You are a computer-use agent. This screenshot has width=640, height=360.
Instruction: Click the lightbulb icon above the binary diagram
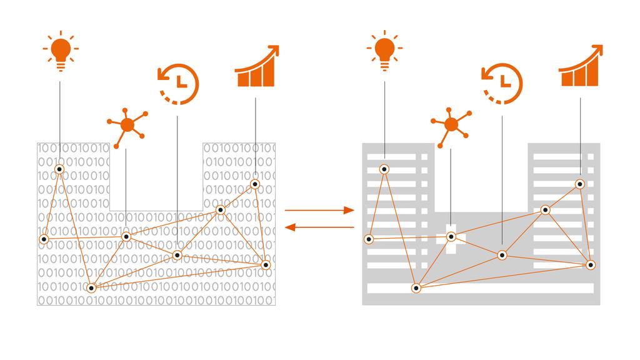pyautogui.click(x=60, y=52)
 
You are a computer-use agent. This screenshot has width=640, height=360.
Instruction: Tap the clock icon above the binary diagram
pyautogui.click(x=178, y=82)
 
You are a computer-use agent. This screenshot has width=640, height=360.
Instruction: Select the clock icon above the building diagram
pyautogui.click(x=502, y=82)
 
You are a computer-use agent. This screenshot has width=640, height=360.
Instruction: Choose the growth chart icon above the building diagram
pyautogui.click(x=580, y=67)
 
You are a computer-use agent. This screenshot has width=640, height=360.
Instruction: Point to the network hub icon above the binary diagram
pyautogui.click(x=127, y=125)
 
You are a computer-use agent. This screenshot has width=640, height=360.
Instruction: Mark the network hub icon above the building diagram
pyautogui.click(x=451, y=125)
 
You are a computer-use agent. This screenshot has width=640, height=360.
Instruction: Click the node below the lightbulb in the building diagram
pyautogui.click(x=384, y=169)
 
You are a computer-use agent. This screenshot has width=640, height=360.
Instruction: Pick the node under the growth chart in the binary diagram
pyautogui.click(x=255, y=184)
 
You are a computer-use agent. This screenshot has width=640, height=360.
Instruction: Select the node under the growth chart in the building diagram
pyautogui.click(x=580, y=184)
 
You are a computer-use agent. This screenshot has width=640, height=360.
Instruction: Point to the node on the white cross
pyautogui.click(x=451, y=237)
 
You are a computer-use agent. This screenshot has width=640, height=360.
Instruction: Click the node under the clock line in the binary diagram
pyautogui.click(x=177, y=255)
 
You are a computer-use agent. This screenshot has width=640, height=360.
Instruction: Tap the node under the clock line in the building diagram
pyautogui.click(x=502, y=255)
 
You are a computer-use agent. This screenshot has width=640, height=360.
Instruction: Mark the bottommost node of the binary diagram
pyautogui.click(x=91, y=288)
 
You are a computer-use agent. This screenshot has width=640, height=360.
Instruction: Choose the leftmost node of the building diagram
pyautogui.click(x=369, y=239)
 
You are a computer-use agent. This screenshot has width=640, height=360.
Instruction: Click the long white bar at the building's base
pyautogui.click(x=480, y=288)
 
